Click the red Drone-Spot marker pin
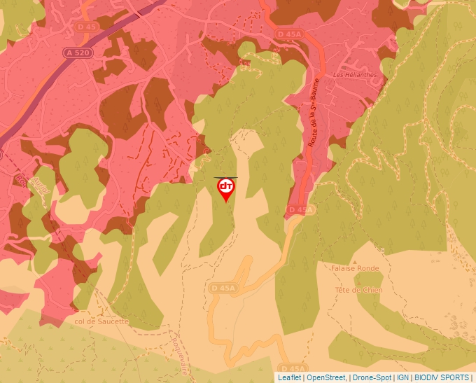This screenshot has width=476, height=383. click(226, 188)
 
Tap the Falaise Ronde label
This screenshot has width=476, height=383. click(357, 268)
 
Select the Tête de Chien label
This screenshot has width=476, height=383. click(358, 290)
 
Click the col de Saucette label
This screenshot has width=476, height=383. click(101, 321)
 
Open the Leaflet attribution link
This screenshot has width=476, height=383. click(289, 377)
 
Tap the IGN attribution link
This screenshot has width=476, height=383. click(402, 377)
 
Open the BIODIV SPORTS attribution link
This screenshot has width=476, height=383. click(442, 377)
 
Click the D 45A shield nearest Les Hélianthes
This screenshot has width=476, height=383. click(288, 34)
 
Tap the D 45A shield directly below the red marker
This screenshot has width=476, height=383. click(225, 287)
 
